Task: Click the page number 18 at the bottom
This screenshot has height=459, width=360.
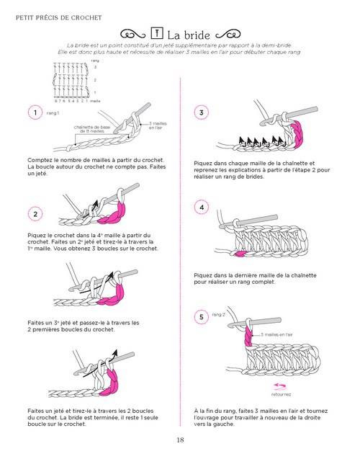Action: (180, 440)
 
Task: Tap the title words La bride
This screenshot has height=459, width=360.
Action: (189, 35)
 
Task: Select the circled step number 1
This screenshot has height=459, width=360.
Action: (34, 112)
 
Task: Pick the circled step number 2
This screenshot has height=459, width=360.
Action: (34, 213)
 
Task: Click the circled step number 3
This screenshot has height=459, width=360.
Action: (202, 113)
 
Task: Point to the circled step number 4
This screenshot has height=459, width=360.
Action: (202, 208)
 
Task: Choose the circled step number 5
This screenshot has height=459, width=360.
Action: (202, 316)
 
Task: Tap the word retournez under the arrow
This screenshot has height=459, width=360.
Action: (281, 395)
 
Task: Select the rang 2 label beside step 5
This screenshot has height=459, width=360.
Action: (219, 315)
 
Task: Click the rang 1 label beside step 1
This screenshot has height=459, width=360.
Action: (53, 113)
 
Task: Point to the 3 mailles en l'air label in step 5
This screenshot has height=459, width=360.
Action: (276, 335)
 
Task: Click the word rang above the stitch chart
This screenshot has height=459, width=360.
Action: (94, 61)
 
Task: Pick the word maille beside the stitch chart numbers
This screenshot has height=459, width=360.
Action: (95, 101)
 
